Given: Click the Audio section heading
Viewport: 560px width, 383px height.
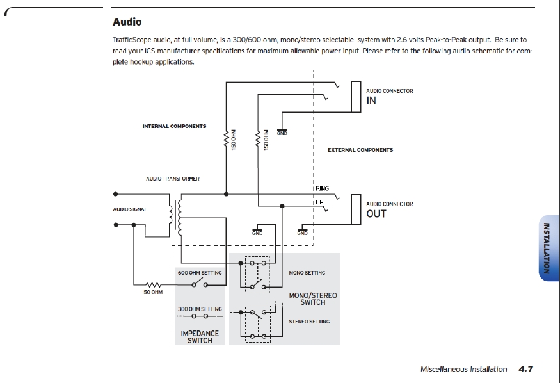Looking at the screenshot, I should [x=127, y=22].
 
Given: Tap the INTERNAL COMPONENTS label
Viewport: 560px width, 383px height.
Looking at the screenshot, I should [x=174, y=126].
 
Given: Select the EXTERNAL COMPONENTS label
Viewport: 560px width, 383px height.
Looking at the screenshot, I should [x=360, y=150].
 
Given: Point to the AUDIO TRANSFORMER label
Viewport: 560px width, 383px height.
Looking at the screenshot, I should [x=173, y=179].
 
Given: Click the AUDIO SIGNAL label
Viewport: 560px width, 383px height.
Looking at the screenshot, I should [x=130, y=209].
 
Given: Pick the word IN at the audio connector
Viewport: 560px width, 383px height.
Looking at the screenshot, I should [x=371, y=101].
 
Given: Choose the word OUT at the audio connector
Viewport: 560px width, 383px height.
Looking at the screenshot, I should [x=376, y=214].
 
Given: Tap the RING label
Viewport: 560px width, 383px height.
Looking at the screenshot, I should [x=322, y=189].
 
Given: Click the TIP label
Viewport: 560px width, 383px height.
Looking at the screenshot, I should [x=319, y=202].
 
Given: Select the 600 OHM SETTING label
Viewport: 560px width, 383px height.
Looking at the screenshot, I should [x=200, y=273].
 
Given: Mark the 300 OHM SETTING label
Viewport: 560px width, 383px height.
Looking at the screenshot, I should [x=200, y=309].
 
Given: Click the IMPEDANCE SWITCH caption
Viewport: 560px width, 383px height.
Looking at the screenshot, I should [x=200, y=337].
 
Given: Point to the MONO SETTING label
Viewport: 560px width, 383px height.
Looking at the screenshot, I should [x=307, y=273].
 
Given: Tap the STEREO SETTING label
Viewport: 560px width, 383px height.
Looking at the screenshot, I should [x=308, y=322].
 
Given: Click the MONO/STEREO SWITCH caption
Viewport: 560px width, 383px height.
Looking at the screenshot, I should [x=313, y=298].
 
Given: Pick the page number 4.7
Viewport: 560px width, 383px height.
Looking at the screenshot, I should [x=525, y=369].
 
